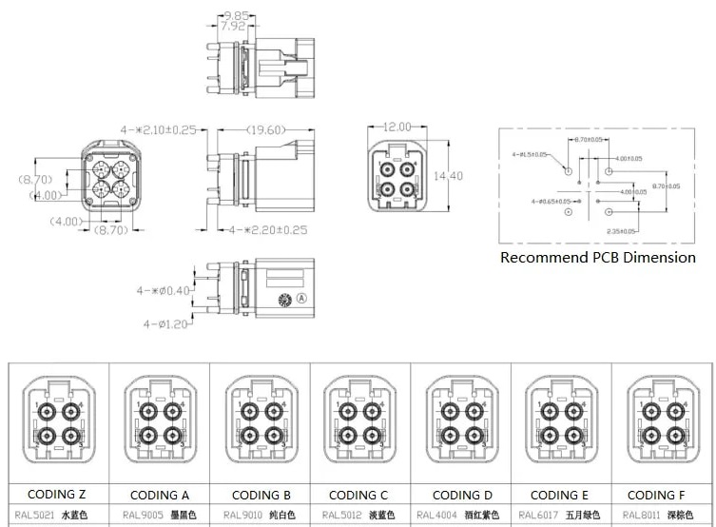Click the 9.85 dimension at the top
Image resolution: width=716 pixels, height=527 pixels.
pyautogui.click(x=235, y=15)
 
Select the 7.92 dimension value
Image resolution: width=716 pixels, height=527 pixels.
pyautogui.click(x=232, y=27)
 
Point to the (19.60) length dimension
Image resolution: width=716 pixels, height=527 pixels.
pyautogui.click(x=262, y=129)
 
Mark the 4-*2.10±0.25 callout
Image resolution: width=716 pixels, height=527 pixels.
pyautogui.click(x=158, y=129)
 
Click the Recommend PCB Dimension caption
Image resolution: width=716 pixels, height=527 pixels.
pyautogui.click(x=597, y=257)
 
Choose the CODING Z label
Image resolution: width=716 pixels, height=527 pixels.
pyautogui.click(x=57, y=495)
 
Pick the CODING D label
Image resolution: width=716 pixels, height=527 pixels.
pyautogui.click(x=462, y=495)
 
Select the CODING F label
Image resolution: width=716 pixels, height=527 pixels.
pyautogui.click(x=657, y=495)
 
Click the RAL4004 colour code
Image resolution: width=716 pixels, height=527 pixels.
pyautogui.click(x=436, y=516)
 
